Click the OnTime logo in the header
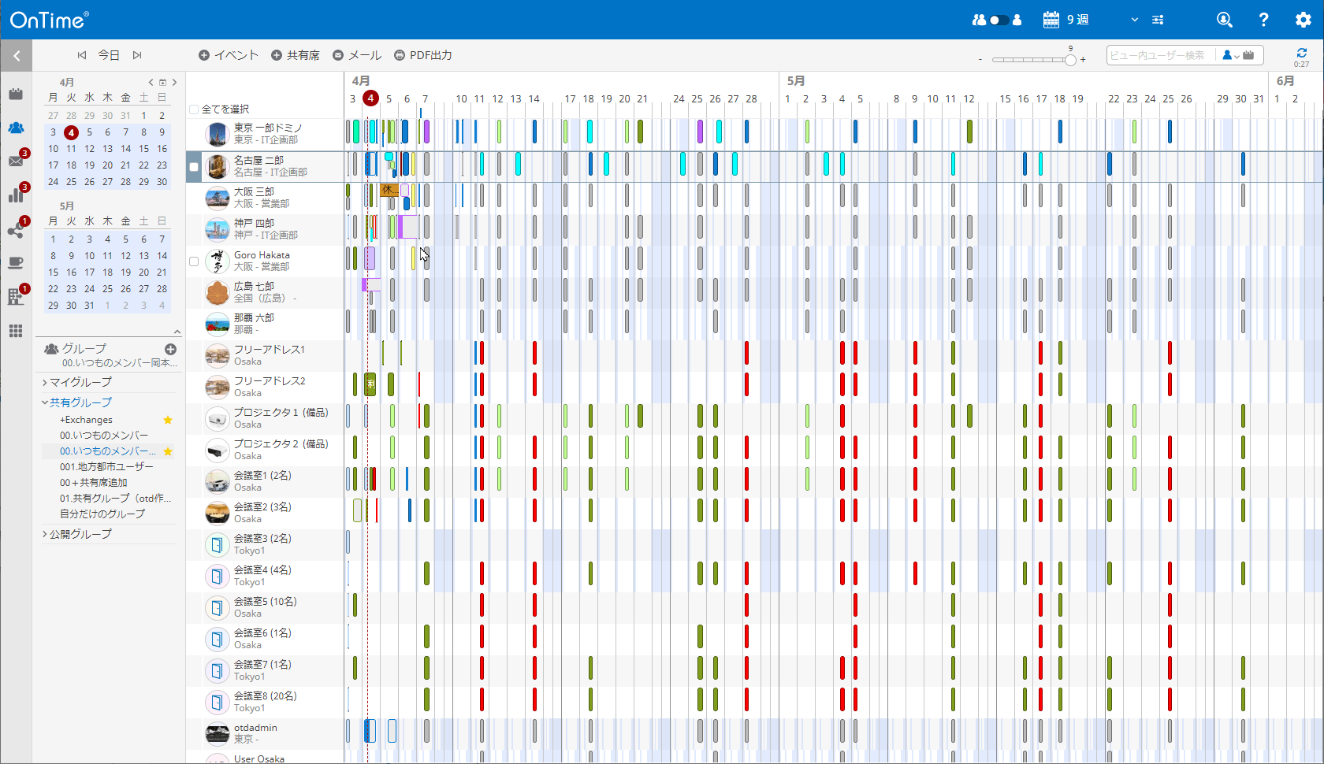pos(49,20)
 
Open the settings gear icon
pos(1303,20)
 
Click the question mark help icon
pos(1263,20)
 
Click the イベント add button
pos(229,55)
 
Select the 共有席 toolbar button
pos(296,55)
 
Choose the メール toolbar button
pos(357,55)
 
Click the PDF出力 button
pos(423,55)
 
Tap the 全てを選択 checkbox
pos(194,109)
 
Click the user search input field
pos(1158,55)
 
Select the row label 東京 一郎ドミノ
pos(268,128)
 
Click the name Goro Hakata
pos(262,255)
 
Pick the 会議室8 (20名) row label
pos(266,696)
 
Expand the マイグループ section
pos(80,382)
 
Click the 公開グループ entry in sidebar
pos(80,534)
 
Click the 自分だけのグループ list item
pos(102,514)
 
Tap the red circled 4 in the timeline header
pos(370,98)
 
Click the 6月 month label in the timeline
pos(1285,80)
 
